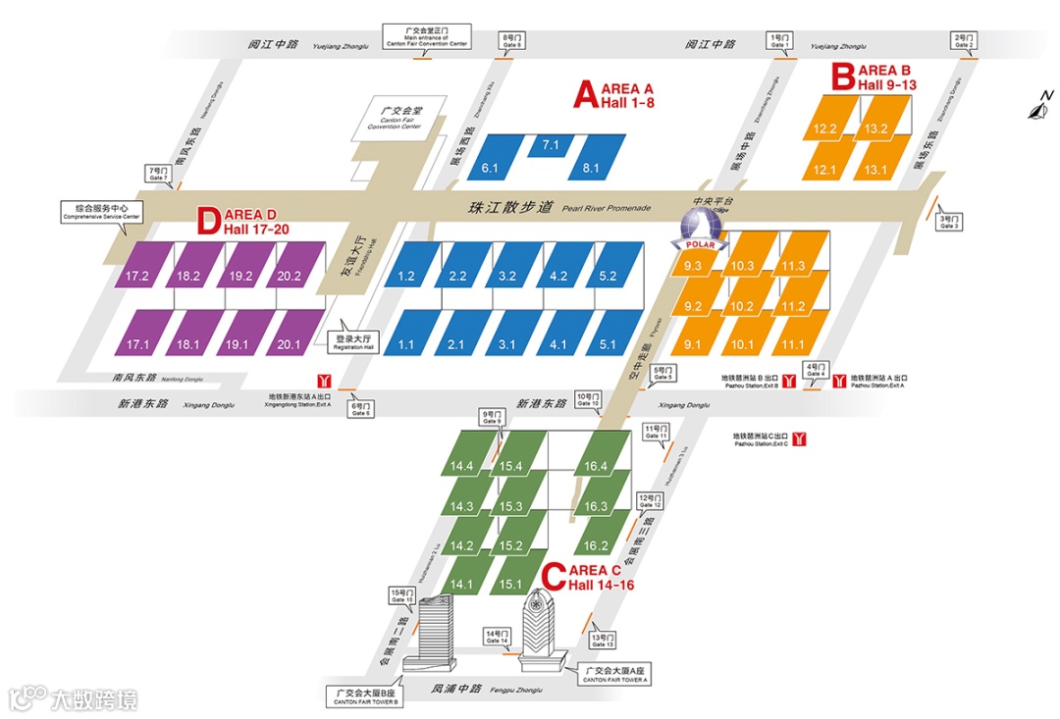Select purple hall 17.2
[x=137, y=277]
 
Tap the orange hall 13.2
[x=876, y=128]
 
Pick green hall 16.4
[x=596, y=466]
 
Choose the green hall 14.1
[x=461, y=584]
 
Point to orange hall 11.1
[x=793, y=344]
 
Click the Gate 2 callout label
[x=963, y=41]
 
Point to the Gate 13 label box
[x=602, y=641]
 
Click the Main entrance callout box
[x=430, y=38]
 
